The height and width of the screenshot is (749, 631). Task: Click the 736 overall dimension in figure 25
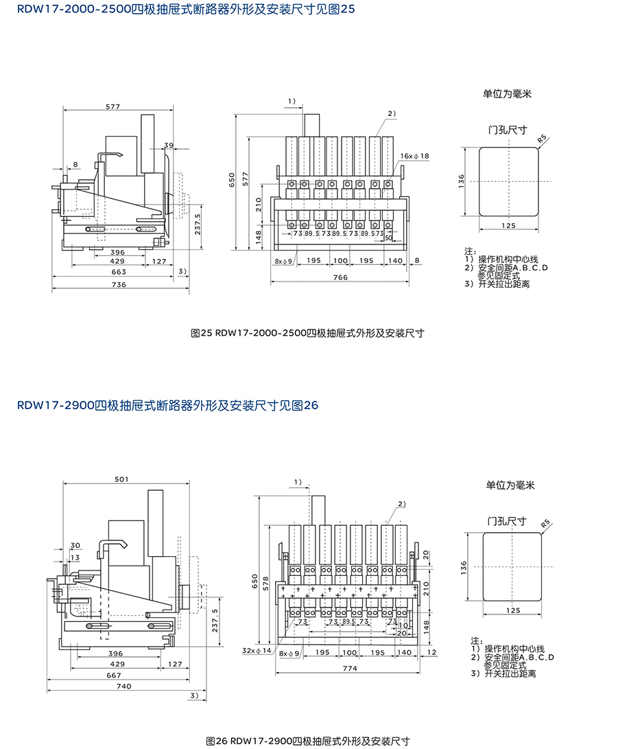coord(119,284)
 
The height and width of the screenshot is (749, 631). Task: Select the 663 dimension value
coord(119,273)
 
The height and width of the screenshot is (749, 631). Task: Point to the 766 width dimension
coord(340,277)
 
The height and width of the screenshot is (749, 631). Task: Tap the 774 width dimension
coord(349,669)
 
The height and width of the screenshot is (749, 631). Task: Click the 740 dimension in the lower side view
coord(123,686)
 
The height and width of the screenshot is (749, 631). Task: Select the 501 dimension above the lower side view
coord(122,479)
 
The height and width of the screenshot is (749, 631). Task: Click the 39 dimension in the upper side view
coord(169,145)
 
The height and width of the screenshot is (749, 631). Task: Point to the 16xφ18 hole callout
coord(415,157)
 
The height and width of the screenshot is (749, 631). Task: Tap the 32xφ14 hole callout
coord(257,649)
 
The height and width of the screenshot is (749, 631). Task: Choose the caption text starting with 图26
coord(308,741)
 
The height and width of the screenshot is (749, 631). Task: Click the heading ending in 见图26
coord(167,406)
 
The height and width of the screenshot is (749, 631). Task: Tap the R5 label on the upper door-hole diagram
coord(543,139)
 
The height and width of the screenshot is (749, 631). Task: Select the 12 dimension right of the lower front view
coord(430,652)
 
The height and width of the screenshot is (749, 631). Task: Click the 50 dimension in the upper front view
coord(389,238)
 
